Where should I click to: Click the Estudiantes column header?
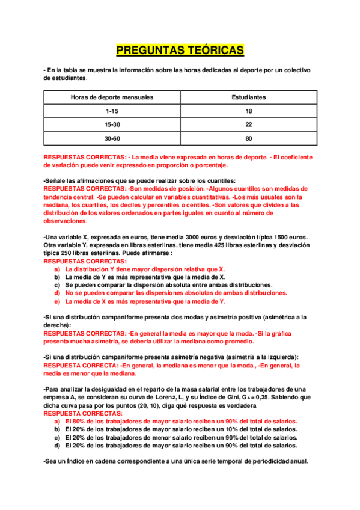[249, 97]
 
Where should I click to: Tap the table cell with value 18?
[249, 111]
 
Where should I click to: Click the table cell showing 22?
[249, 124]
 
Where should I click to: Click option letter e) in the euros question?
[57, 301]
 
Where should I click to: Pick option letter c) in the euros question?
[57, 285]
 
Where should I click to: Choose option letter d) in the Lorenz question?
[57, 446]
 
